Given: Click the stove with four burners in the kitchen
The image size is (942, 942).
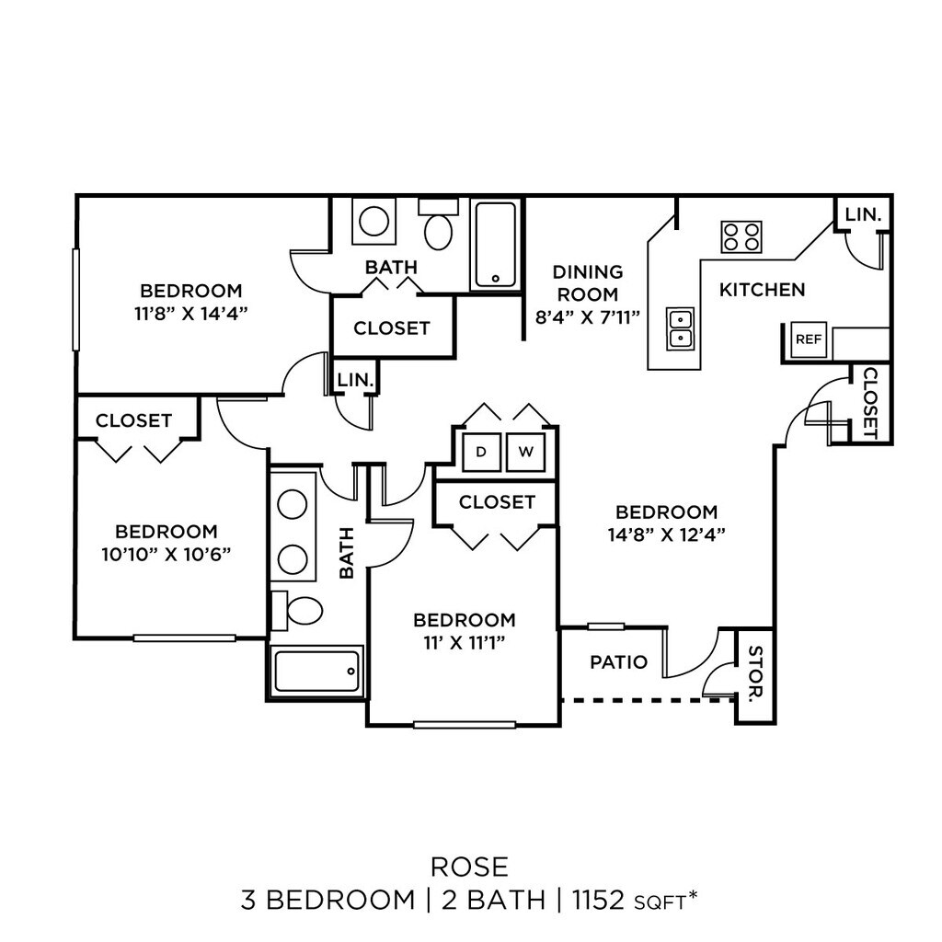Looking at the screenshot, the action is (x=741, y=236).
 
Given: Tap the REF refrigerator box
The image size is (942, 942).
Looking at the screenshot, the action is (x=809, y=339).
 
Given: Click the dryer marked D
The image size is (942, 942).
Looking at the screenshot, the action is (x=480, y=452).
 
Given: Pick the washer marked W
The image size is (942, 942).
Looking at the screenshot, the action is (x=525, y=452).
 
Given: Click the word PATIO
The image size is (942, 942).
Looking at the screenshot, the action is (x=618, y=662).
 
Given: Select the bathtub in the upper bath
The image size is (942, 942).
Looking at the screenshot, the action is (x=497, y=244).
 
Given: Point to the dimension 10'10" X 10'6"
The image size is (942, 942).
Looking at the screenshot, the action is (x=167, y=554).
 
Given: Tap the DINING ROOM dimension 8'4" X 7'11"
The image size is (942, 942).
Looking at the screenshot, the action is (x=589, y=316).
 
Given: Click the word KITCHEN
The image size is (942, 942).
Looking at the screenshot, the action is (x=762, y=290).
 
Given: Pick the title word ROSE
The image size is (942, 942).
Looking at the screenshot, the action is (x=469, y=866).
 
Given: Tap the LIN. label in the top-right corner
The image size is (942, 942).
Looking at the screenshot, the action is (x=863, y=214).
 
